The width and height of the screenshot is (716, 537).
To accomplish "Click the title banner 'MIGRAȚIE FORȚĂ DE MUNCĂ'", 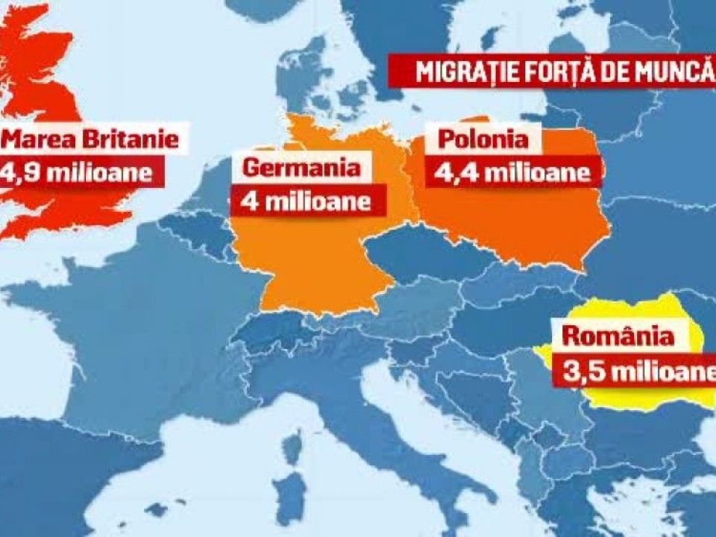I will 553,72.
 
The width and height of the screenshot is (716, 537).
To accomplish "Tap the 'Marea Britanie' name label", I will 90,139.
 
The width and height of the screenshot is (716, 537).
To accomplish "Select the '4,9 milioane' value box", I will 81,173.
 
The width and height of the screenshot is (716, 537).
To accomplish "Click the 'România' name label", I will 618,336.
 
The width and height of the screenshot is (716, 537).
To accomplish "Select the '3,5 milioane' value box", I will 633,371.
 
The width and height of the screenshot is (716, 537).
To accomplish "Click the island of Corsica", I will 294,447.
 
